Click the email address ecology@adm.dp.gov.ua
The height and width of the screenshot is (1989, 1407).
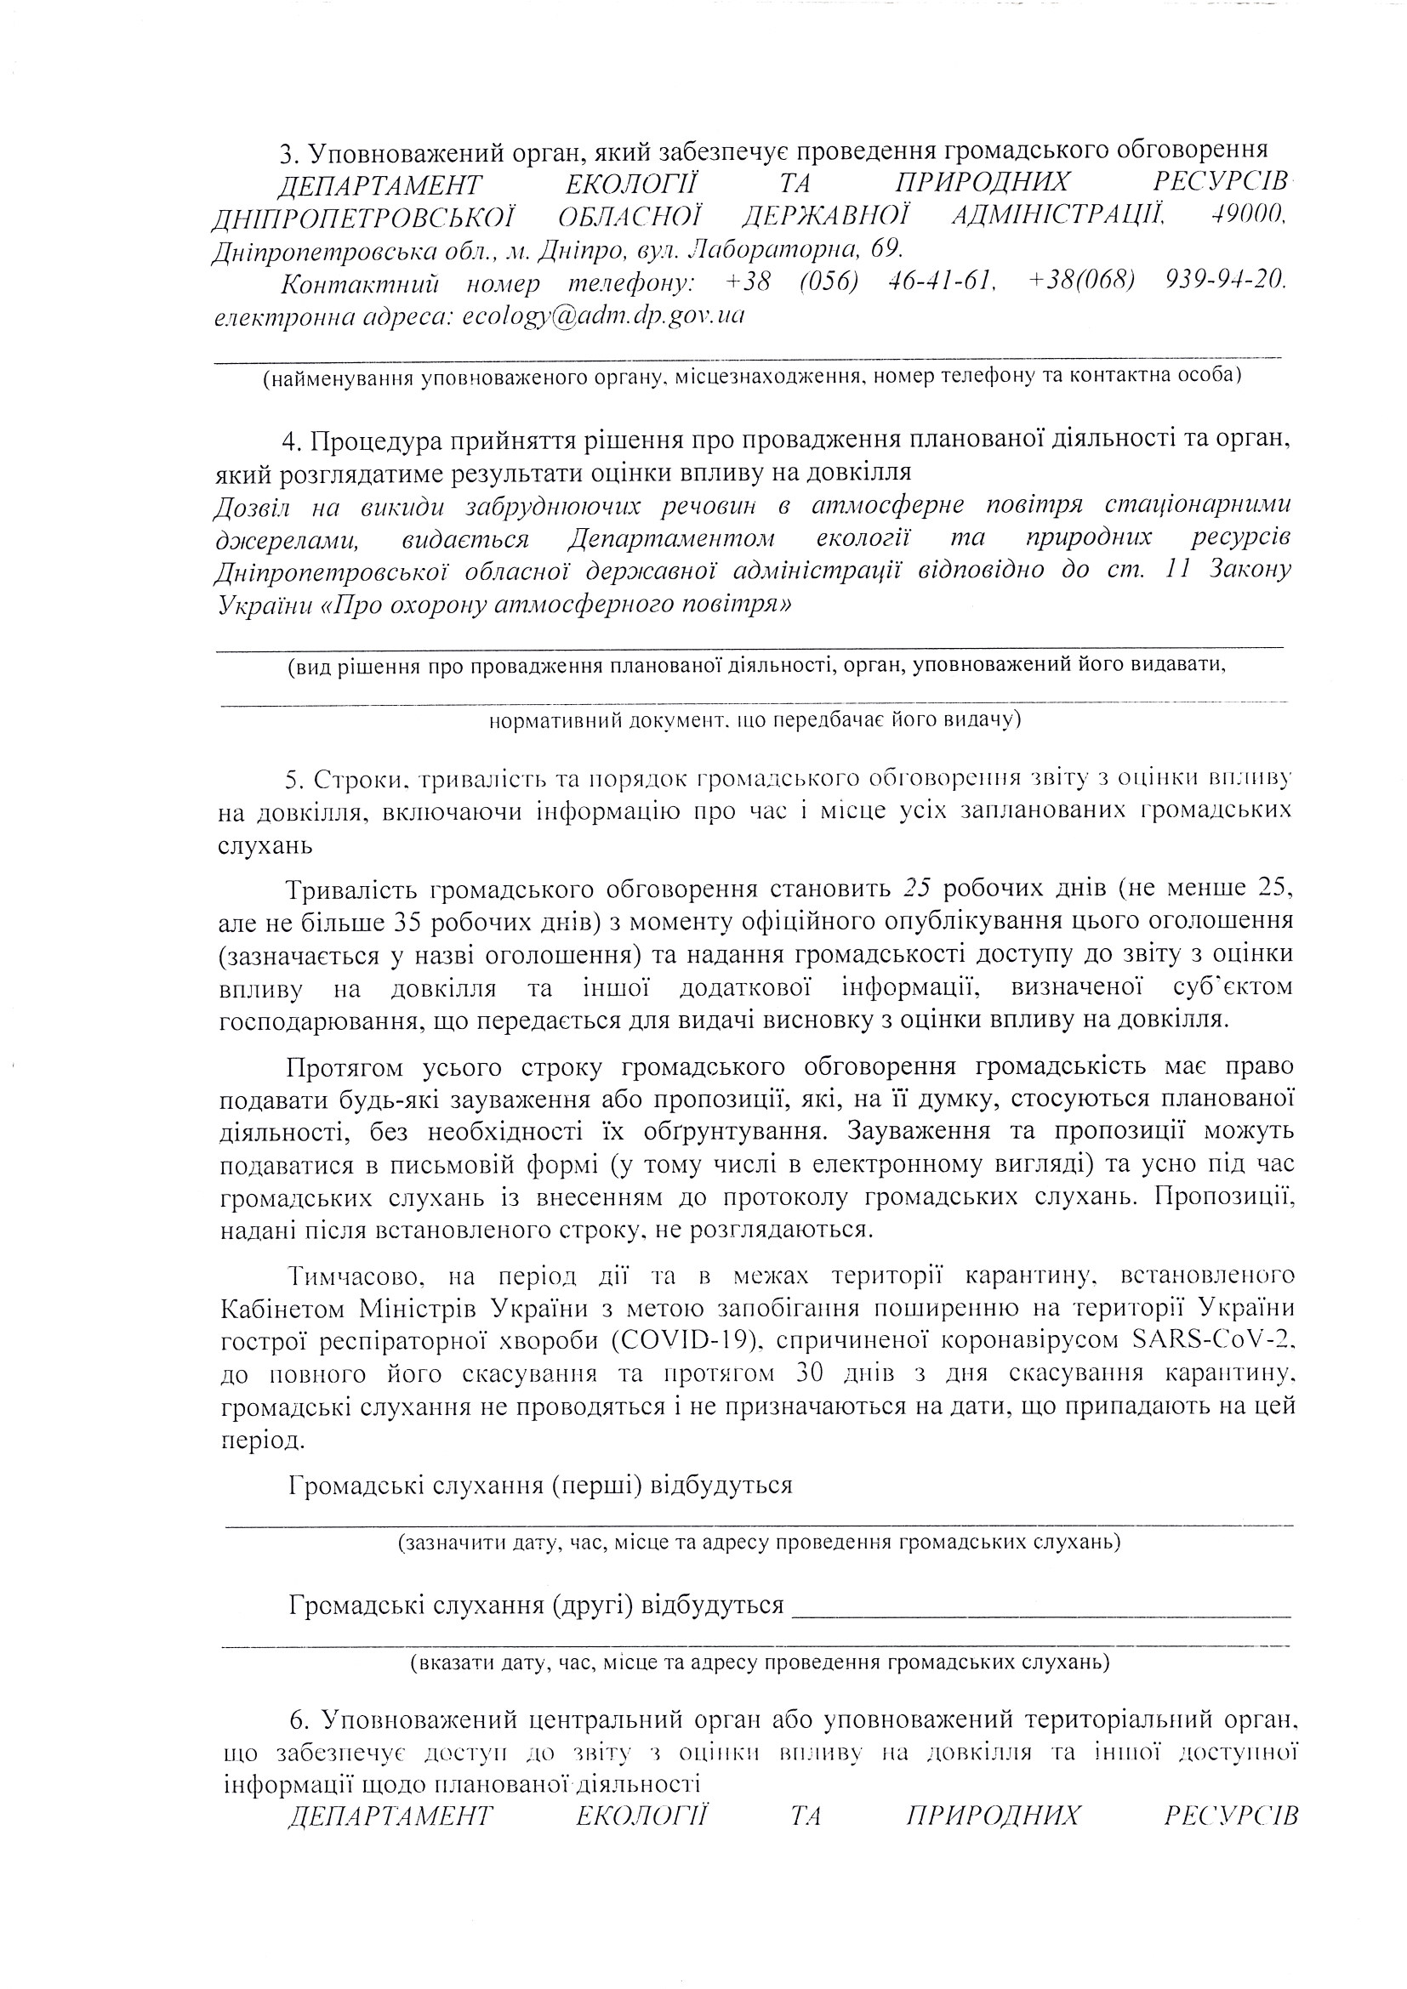pos(603,315)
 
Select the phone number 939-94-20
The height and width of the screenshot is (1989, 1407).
pos(1226,281)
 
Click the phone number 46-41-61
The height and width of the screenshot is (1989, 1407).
pos(943,281)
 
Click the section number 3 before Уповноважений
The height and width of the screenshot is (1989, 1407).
pos(288,153)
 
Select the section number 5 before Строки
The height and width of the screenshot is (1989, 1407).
pos(293,780)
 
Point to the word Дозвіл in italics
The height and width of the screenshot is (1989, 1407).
pos(251,507)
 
